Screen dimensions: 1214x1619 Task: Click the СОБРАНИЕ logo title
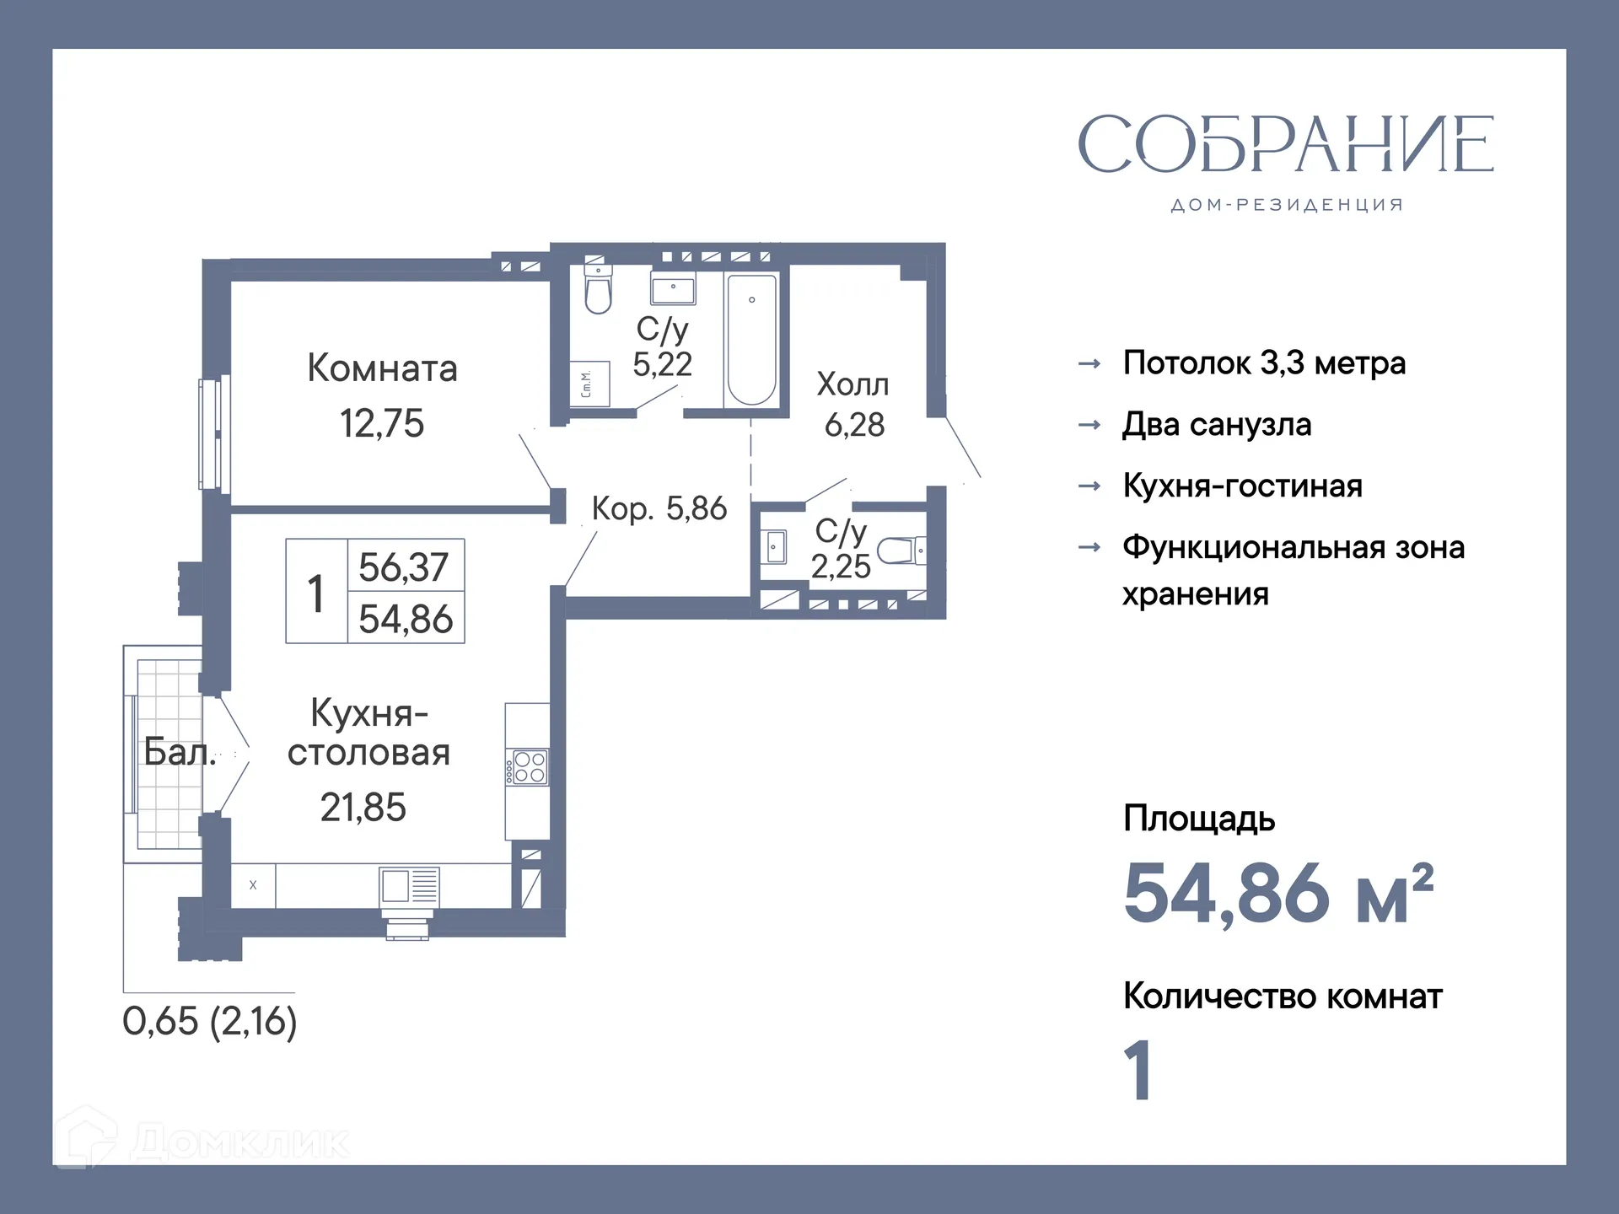pyautogui.click(x=1285, y=144)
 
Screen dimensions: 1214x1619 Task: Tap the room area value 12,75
pyautogui.click(x=382, y=423)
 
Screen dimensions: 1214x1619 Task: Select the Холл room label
pyautogui.click(x=853, y=384)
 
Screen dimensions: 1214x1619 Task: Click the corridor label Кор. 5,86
pyautogui.click(x=659, y=508)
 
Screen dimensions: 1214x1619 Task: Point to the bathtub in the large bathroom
pyautogui.click(x=751, y=339)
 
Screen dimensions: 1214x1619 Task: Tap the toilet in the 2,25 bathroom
pyautogui.click(x=900, y=551)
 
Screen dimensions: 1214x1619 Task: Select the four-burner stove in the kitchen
pyautogui.click(x=529, y=767)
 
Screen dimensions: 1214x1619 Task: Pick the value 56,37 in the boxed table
pyautogui.click(x=404, y=567)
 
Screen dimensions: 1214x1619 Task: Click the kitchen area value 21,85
pyautogui.click(x=363, y=808)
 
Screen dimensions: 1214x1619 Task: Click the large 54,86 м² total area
pyautogui.click(x=1277, y=894)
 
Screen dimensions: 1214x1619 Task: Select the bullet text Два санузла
pyautogui.click(x=1216, y=424)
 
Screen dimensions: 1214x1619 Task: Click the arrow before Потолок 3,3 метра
pyautogui.click(x=1089, y=363)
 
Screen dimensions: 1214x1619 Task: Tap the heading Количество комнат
pyautogui.click(x=1282, y=996)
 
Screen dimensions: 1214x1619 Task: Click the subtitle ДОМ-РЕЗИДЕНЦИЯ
pyautogui.click(x=1286, y=205)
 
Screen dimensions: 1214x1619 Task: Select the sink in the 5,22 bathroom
pyautogui.click(x=672, y=290)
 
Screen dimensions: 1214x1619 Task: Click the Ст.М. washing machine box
pyautogui.click(x=588, y=384)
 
